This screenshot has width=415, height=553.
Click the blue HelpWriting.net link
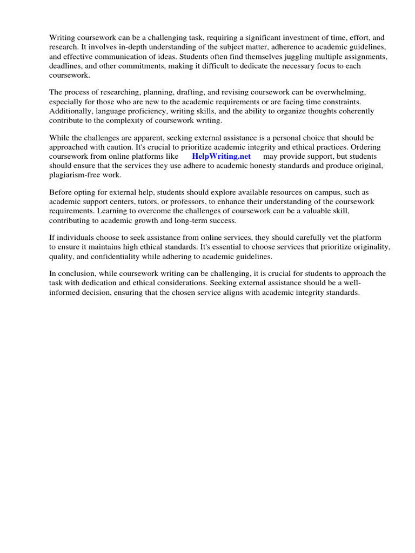[222, 157]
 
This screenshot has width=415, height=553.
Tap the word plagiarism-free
[75, 175]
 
